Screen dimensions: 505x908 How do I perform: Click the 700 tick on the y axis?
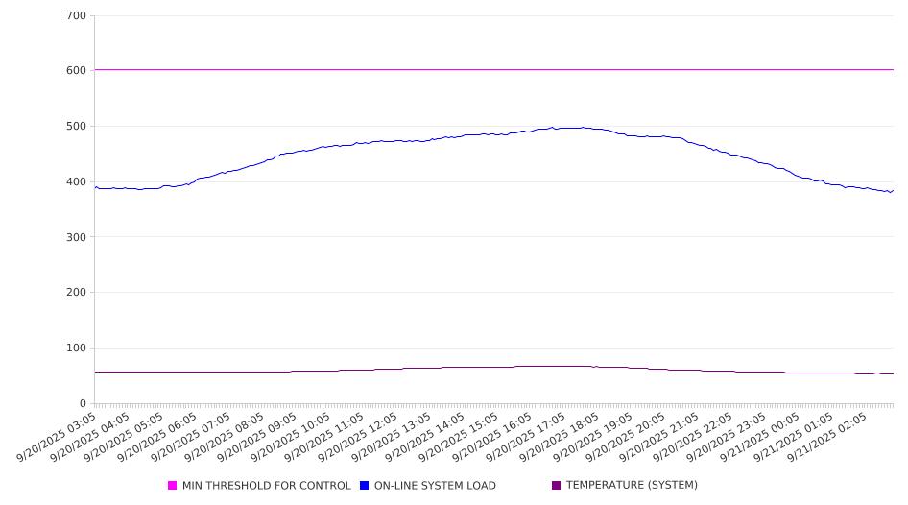pos(76,16)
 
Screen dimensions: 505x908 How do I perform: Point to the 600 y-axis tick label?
pos(76,71)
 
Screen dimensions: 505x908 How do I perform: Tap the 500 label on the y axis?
pos(76,127)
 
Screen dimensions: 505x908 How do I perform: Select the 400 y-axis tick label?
pos(76,182)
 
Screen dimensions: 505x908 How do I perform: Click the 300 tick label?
pos(76,237)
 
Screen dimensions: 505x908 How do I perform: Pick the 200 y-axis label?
pos(76,293)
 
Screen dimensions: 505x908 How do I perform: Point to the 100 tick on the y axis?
pos(76,349)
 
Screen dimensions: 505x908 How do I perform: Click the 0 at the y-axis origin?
pos(83,404)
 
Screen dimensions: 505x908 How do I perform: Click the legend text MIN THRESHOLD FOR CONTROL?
pos(267,486)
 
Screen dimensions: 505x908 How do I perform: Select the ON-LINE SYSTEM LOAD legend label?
pos(435,486)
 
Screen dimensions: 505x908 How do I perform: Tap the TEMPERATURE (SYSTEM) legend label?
pos(632,486)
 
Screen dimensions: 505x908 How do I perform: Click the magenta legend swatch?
pos(173,486)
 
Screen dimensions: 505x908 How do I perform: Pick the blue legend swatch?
pos(365,486)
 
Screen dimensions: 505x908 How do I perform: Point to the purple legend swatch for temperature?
pos(557,486)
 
